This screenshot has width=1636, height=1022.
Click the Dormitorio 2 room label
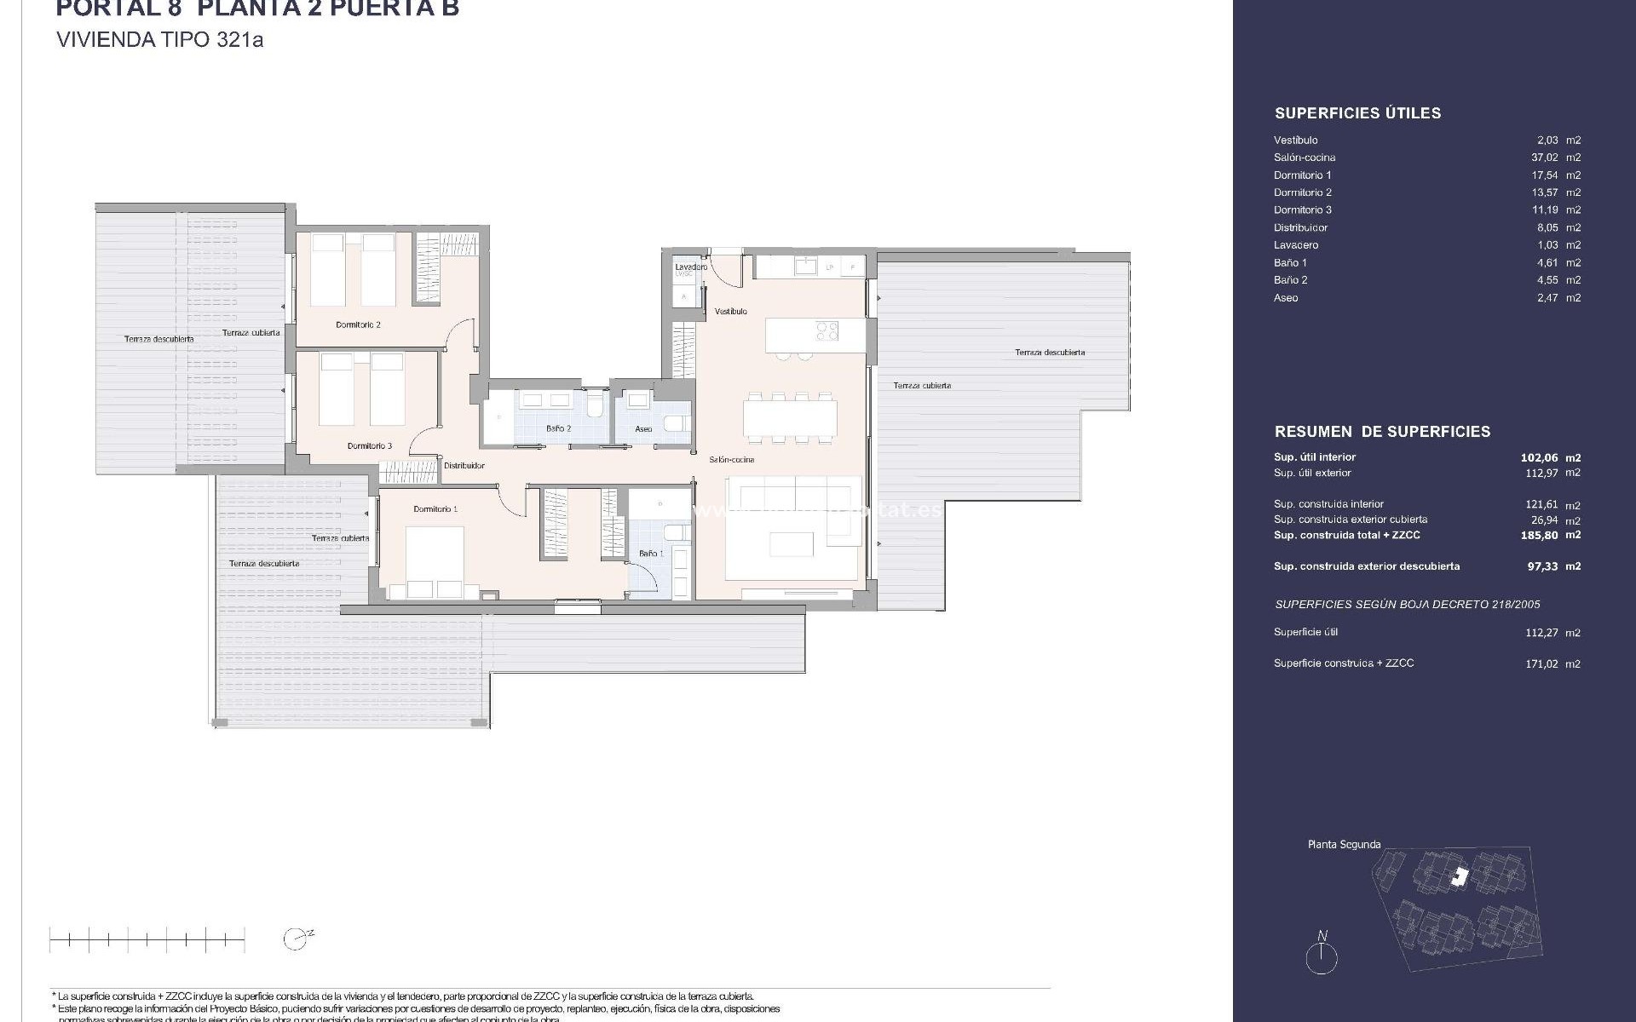(x=358, y=324)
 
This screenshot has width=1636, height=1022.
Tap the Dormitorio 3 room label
(x=369, y=445)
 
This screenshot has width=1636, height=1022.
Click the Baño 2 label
(x=558, y=428)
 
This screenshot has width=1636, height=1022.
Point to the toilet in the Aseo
(x=676, y=423)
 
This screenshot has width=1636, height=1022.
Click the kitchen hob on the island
(x=826, y=330)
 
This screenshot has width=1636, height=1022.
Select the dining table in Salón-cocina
(x=790, y=418)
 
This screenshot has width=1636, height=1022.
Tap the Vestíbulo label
(x=730, y=312)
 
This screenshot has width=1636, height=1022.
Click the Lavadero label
(x=691, y=267)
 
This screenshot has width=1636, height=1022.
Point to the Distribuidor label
(x=464, y=466)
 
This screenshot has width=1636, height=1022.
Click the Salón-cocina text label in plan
(x=731, y=460)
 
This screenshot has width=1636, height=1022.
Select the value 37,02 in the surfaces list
(x=1544, y=158)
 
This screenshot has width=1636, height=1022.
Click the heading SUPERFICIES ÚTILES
(x=1357, y=113)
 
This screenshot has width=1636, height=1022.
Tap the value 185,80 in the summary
(x=1541, y=535)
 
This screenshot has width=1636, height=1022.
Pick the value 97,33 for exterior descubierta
(x=1543, y=566)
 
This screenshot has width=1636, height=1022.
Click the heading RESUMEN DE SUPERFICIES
(x=1382, y=432)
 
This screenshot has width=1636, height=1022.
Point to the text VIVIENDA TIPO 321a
(x=159, y=40)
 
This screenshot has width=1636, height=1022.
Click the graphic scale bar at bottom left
(x=147, y=940)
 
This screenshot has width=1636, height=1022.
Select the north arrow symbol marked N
(x=1322, y=955)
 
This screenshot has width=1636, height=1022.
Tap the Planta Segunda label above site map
(x=1344, y=845)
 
